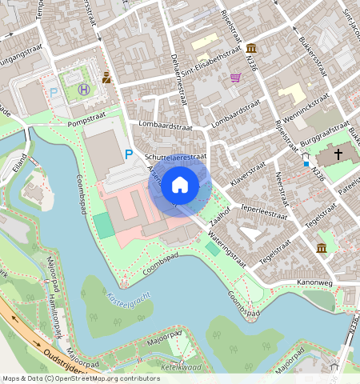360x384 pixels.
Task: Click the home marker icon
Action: pyautogui.click(x=180, y=186)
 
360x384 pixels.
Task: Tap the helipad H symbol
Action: pyautogui.click(x=84, y=89)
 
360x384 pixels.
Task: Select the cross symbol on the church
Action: pyautogui.click(x=338, y=153)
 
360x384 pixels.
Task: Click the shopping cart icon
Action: pyautogui.click(x=235, y=78)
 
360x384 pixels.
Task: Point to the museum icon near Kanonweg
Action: pyautogui.click(x=322, y=248)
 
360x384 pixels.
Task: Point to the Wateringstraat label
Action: pyautogui.click(x=225, y=243)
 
